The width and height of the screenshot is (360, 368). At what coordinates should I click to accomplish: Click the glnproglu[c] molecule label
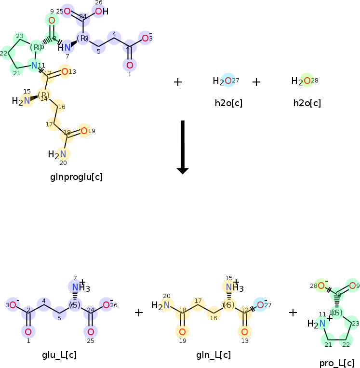click(76, 177)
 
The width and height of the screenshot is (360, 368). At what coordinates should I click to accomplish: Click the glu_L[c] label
click(59, 355)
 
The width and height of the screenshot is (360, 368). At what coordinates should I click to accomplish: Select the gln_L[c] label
click(213, 355)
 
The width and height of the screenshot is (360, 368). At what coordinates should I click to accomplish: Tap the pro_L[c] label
click(337, 363)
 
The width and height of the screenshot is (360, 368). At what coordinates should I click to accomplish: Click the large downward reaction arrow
click(183, 147)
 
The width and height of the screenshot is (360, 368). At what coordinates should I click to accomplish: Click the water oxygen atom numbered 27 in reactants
click(228, 81)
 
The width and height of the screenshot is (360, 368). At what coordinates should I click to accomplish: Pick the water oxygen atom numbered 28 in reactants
click(307, 81)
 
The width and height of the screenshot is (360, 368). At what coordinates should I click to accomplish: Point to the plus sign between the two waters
click(256, 82)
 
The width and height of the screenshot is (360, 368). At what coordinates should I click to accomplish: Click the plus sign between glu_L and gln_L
click(139, 313)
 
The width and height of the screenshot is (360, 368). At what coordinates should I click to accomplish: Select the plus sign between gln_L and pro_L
click(293, 313)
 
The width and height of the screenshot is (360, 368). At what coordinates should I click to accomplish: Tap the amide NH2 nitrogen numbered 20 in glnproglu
click(63, 154)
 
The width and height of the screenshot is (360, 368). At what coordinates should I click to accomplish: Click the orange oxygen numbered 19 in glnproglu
click(84, 131)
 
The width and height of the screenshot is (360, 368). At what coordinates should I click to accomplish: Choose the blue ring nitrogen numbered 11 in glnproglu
click(34, 65)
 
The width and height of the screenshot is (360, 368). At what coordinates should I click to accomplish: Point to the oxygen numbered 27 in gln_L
click(260, 305)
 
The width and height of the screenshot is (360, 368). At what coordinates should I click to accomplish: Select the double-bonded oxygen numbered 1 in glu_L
click(28, 331)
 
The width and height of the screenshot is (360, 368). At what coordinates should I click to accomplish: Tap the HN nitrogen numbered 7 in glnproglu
click(67, 47)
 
